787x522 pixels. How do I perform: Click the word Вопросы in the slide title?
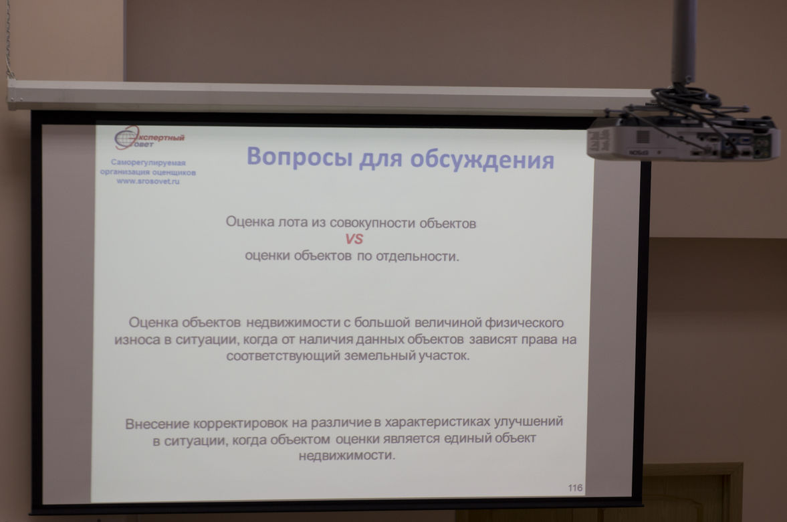coord(300,156)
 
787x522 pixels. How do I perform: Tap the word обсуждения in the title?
coord(482,160)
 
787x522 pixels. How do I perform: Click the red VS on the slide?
coord(354,239)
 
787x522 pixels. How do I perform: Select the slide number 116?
coord(575,488)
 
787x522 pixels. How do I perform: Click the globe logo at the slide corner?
coord(126,138)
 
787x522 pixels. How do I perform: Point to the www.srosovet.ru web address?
coord(148,181)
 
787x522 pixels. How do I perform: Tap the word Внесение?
coord(157,424)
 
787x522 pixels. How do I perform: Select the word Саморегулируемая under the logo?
coord(148,163)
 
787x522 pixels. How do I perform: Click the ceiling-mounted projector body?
coord(683,139)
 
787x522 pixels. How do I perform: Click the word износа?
coord(137,340)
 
